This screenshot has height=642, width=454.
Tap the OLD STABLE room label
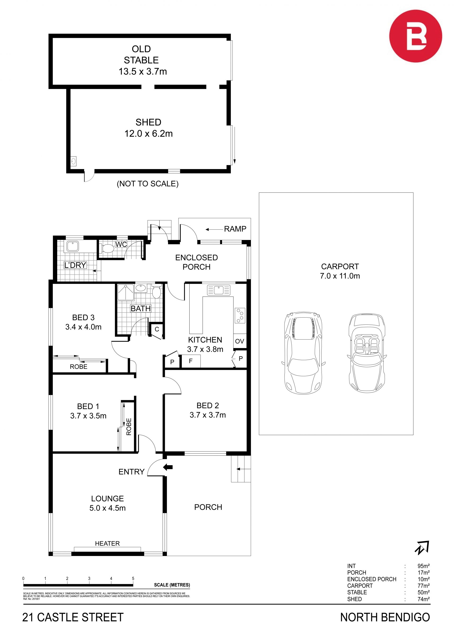tap(141, 55)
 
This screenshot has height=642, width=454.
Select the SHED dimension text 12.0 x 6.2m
tap(148, 134)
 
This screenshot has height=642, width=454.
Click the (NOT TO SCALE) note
tap(148, 184)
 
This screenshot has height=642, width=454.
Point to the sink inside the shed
tap(74, 161)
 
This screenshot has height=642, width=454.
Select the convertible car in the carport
tap(367, 353)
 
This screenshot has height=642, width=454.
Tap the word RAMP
tap(235, 229)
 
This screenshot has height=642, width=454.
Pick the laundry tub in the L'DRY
tap(73, 246)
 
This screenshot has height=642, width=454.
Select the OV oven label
tap(240, 341)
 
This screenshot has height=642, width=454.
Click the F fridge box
tap(191, 361)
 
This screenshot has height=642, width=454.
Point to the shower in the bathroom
tap(126, 293)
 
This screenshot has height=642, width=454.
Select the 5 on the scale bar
tap(133, 579)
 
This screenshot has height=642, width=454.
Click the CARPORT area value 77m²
tap(424, 585)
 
